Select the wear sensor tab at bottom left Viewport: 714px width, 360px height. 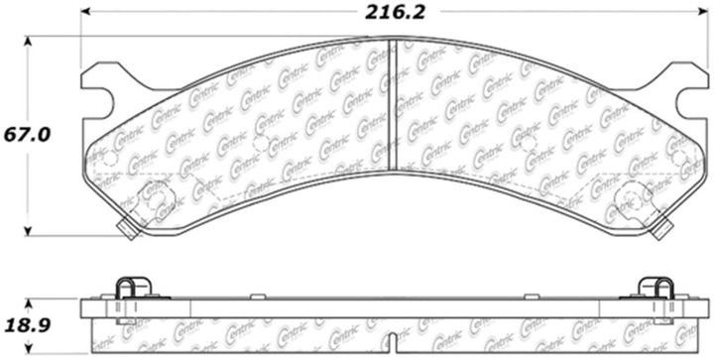126,231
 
